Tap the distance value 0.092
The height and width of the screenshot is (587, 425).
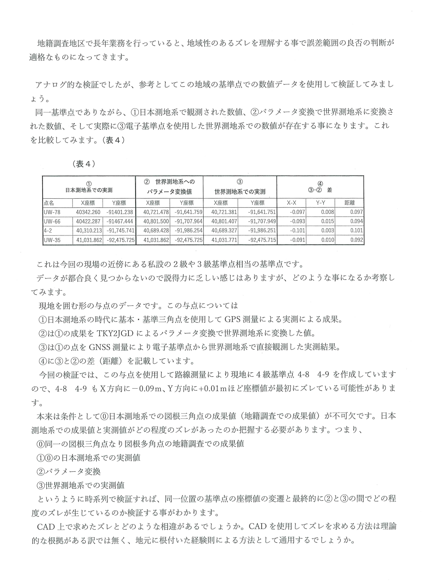point(357,240)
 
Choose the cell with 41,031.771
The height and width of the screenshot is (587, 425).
point(224,240)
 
